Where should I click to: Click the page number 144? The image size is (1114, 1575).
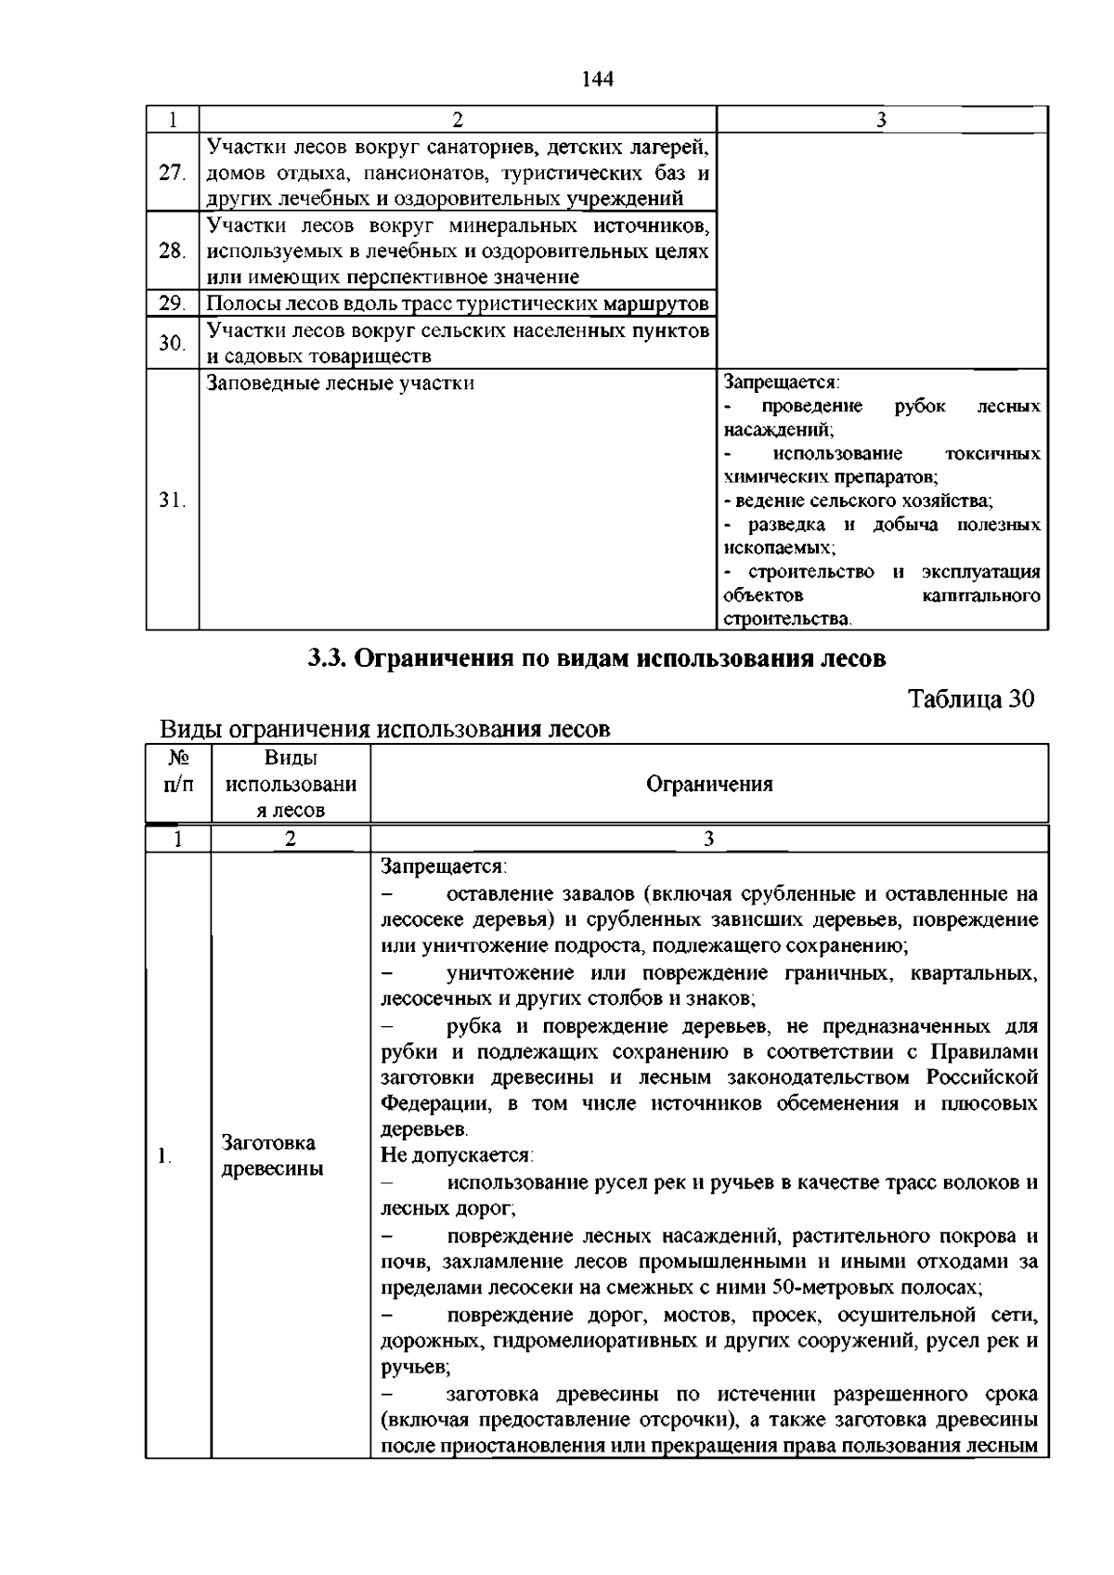coord(598,79)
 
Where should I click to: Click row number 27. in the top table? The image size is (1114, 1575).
coord(172,173)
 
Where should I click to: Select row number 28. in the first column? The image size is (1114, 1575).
coord(172,251)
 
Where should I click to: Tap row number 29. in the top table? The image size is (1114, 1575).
coord(172,304)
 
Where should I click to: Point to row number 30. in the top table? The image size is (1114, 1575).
coord(172,343)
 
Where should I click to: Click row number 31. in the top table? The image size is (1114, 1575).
coord(172,501)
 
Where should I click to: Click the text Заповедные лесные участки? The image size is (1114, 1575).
coord(340,383)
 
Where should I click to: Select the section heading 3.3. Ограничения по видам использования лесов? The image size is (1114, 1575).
coord(597,658)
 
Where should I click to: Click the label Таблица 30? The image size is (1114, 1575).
coord(970,699)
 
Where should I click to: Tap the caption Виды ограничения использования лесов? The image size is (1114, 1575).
coord(384,729)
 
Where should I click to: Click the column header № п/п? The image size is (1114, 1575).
coord(178,771)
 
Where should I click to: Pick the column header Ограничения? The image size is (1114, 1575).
coord(709,784)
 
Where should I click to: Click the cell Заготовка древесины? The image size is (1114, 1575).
coord(272,1155)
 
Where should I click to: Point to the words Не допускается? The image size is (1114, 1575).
coord(456,1155)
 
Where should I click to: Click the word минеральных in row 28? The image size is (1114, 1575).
coord(514,226)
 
